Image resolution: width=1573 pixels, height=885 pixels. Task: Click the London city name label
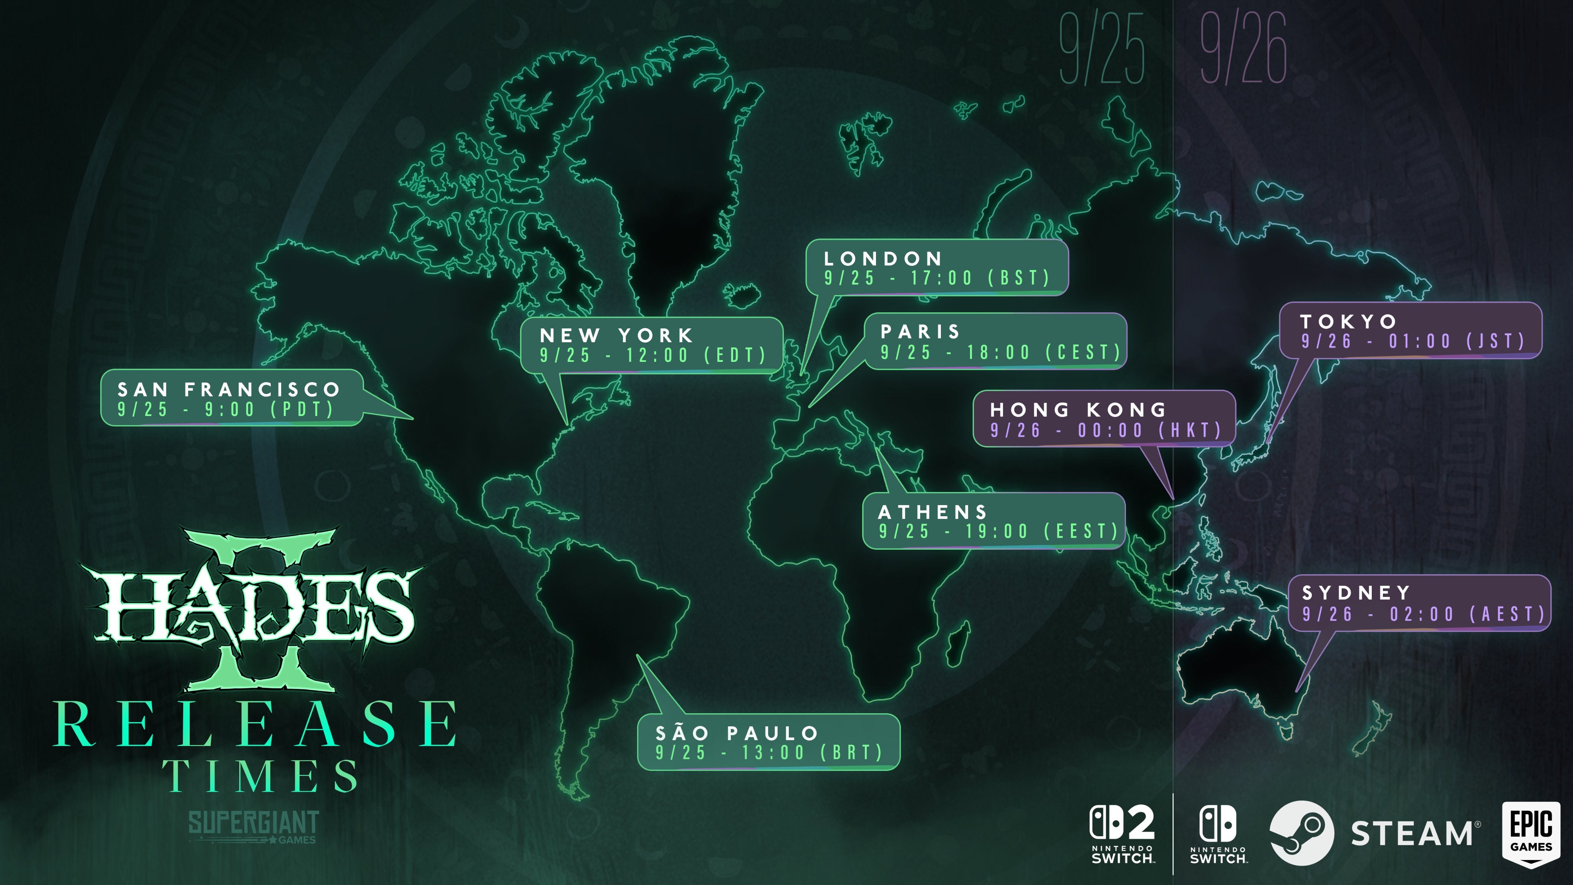pyautogui.click(x=883, y=259)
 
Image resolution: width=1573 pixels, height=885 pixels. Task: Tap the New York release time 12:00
pyautogui.click(x=657, y=355)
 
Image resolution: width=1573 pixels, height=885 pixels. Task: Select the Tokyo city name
pyautogui.click(x=1348, y=321)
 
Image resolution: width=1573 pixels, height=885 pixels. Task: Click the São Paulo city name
pyautogui.click(x=737, y=733)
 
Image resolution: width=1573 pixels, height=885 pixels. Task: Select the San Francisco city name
pyautogui.click(x=228, y=389)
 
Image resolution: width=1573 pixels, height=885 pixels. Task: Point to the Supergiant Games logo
pyautogui.click(x=253, y=826)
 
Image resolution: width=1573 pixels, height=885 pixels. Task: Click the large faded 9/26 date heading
pyautogui.click(x=1243, y=49)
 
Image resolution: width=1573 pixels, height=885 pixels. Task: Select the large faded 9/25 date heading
pyautogui.click(x=1101, y=49)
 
